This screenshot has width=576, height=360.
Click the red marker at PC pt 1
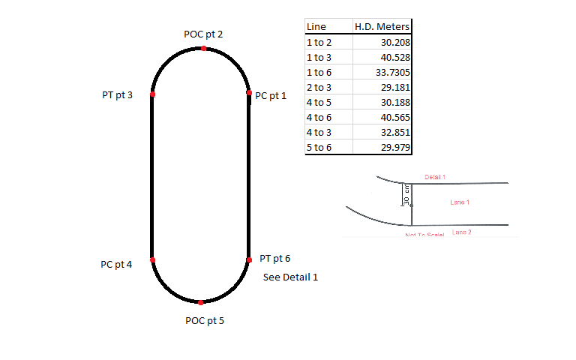point(249,94)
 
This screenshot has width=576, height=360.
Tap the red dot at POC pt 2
point(203,49)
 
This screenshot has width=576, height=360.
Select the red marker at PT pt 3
point(152,94)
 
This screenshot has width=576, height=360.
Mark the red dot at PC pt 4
point(152,260)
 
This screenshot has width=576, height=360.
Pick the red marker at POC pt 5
point(201,302)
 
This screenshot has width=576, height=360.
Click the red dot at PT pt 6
point(249,260)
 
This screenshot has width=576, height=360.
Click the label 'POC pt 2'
point(203,34)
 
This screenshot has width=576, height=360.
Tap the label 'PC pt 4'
point(116,265)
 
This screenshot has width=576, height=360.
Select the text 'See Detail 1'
point(291,277)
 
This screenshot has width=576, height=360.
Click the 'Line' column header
point(316,27)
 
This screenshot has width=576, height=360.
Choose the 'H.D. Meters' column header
point(382,27)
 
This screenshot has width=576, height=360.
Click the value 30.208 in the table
point(392,43)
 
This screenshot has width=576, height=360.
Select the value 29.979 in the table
point(392,147)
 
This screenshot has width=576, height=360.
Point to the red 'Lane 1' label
point(460,202)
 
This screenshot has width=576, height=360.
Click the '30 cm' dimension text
point(406,195)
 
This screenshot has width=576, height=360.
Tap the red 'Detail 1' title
point(435,177)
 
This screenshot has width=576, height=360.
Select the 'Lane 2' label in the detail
point(462,232)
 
